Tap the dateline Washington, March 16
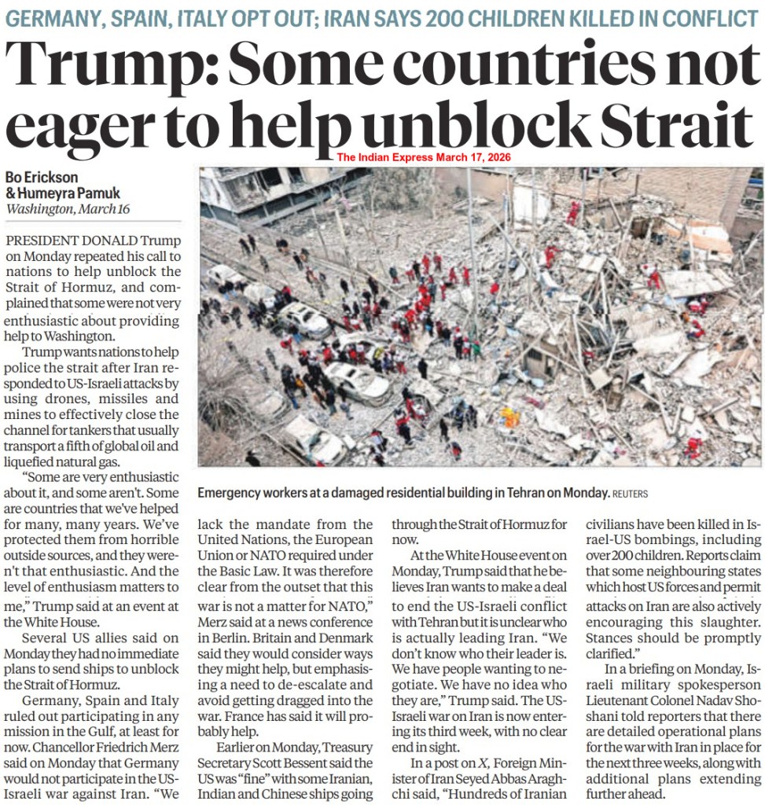point(68,210)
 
